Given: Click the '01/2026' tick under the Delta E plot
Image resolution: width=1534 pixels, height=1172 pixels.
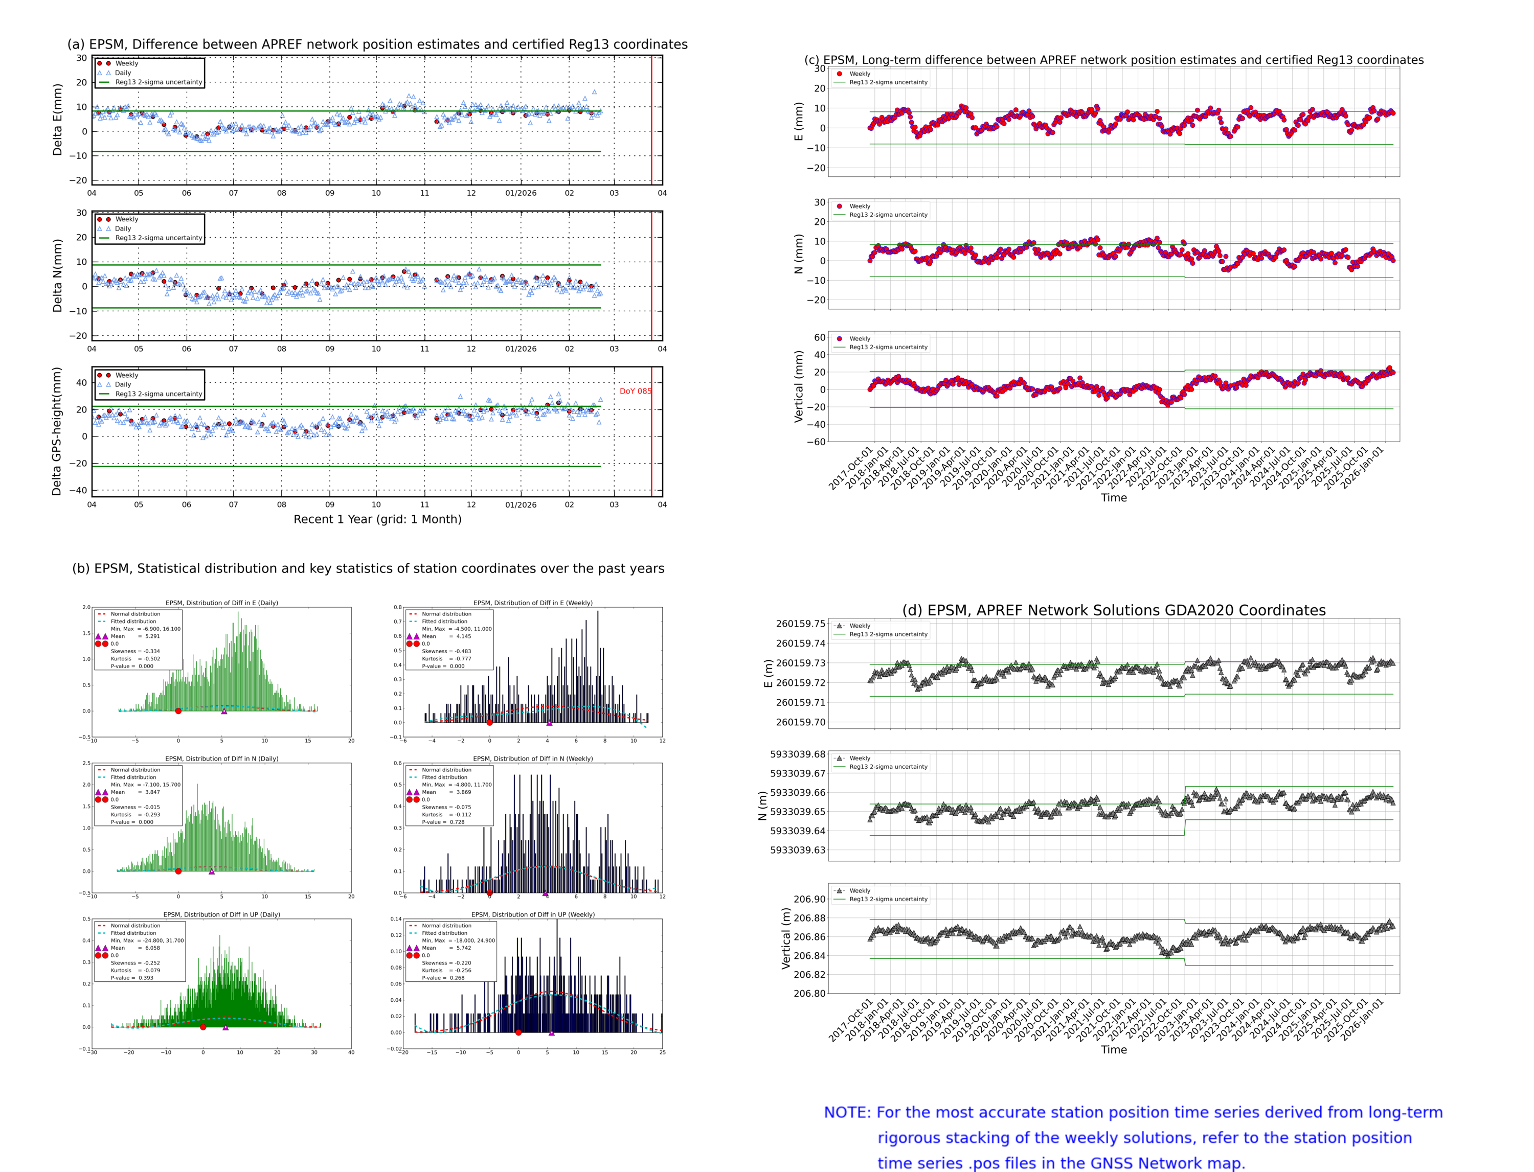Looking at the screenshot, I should point(521,193).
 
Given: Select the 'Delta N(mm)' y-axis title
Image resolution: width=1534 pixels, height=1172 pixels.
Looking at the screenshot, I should point(58,275).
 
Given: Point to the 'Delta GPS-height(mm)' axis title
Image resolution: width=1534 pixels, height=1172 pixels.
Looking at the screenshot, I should point(57,431).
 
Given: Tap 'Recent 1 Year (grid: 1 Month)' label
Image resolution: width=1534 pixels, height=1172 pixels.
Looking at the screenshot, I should point(377,519).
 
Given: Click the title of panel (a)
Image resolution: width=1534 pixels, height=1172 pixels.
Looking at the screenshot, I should point(377,44).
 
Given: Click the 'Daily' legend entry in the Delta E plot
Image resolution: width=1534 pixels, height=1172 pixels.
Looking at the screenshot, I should point(123,73).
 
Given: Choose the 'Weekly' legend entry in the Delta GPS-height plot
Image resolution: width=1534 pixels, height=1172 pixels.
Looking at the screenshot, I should point(126,375).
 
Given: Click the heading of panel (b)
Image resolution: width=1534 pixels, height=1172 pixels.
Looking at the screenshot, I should point(368,568).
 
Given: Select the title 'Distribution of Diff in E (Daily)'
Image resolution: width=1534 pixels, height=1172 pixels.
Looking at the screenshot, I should point(221,603).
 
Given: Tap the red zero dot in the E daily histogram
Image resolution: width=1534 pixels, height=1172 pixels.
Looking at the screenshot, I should point(178,711).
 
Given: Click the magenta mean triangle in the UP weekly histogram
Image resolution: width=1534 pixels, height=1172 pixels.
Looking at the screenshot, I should point(551,1032).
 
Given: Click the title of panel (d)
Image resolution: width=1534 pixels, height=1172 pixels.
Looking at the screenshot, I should point(1113,610).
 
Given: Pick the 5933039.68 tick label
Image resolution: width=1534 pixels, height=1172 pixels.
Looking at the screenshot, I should point(797,754).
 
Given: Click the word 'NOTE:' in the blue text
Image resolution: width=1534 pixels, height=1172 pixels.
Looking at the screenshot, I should point(847,1113).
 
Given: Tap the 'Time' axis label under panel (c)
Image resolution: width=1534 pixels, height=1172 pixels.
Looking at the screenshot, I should point(1113,497).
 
